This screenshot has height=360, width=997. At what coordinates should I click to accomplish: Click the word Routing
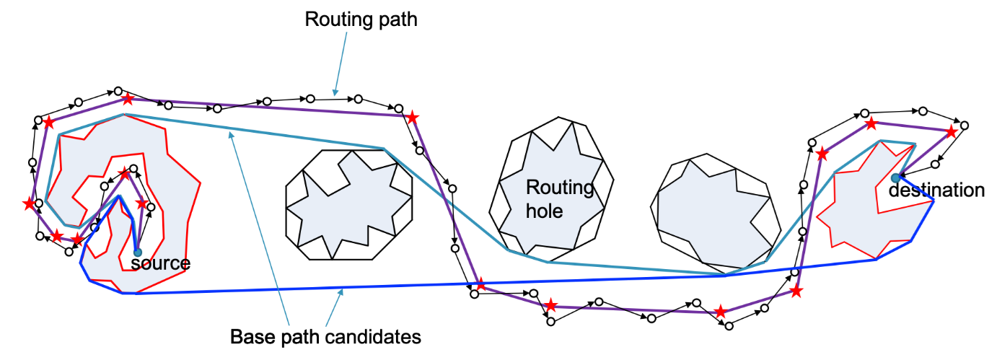[559, 188]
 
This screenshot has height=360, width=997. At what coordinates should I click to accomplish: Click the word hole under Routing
[544, 211]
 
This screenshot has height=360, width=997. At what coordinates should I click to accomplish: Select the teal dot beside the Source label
[138, 253]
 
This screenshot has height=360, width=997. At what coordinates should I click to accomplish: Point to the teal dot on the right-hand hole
[895, 177]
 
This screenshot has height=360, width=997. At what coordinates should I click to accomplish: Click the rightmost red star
[952, 131]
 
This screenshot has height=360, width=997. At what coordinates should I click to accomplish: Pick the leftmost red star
[29, 204]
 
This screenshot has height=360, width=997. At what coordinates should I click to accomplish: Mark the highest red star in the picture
[128, 98]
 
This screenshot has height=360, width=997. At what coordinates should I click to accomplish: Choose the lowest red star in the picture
[720, 312]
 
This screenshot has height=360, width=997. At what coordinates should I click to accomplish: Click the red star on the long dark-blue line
[480, 284]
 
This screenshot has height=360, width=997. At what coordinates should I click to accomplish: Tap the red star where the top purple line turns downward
[412, 117]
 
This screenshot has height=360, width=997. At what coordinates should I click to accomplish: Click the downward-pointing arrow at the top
[339, 65]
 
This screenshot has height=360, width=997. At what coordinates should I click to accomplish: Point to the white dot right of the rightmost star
[965, 126]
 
